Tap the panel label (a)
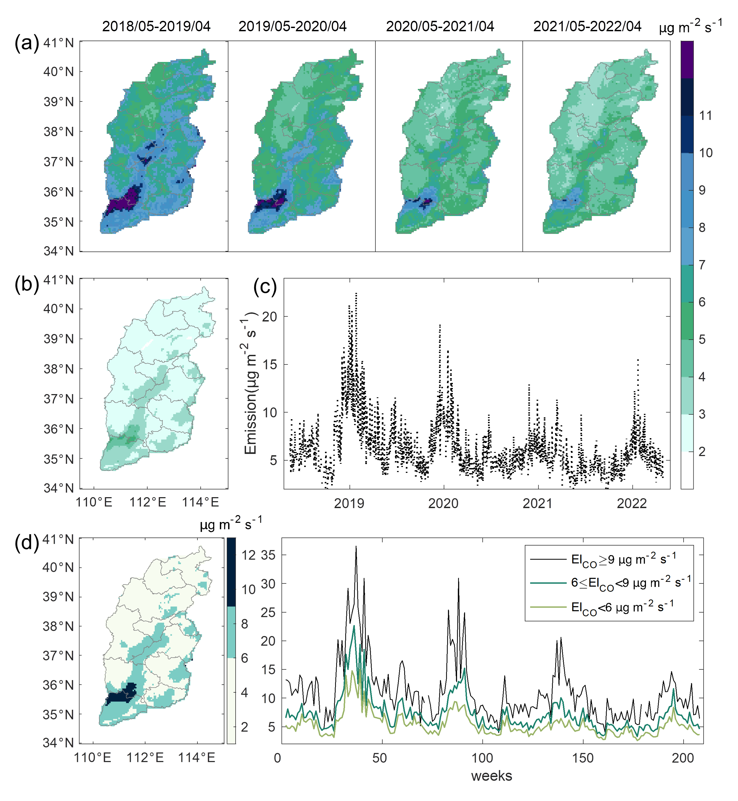27,43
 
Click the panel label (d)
27,543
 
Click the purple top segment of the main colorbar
687,59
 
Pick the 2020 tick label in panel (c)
443,503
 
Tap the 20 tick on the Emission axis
269,317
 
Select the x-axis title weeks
491,776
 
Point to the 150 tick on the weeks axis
583,757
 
